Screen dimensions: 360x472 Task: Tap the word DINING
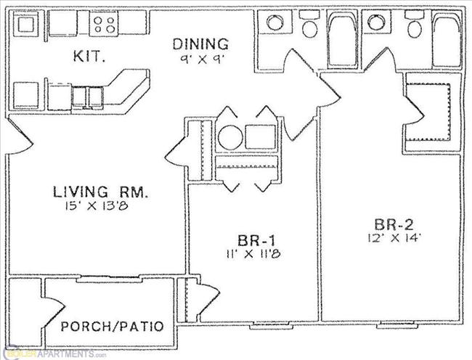click(x=200, y=44)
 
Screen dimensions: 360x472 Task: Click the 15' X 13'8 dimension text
click(x=102, y=206)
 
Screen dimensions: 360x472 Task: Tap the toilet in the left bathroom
click(x=310, y=27)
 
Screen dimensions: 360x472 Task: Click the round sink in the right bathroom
click(x=376, y=22)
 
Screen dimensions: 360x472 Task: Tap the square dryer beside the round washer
click(x=260, y=136)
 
